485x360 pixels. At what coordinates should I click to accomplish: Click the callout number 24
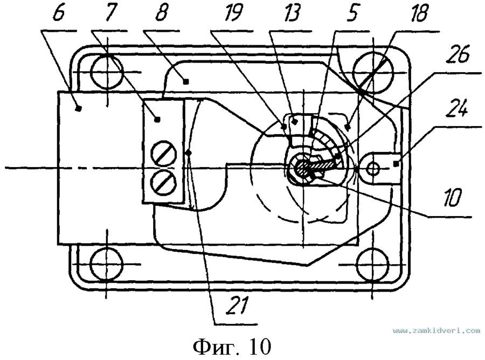coord(457,109)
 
